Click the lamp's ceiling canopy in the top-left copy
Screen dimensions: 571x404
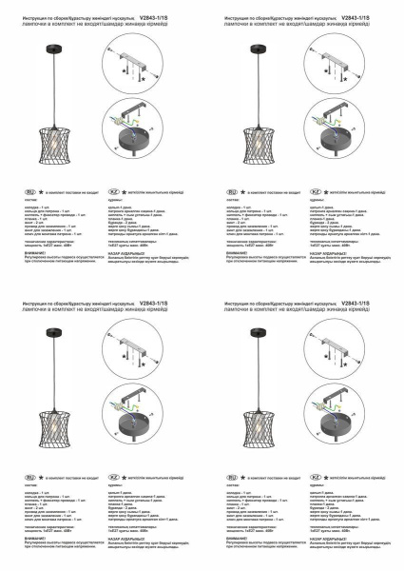pos(48,47)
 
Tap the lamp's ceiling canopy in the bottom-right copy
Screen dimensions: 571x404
pos(251,332)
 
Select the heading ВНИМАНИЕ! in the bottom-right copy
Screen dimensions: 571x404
pos(234,538)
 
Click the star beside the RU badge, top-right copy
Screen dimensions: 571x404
pos(240,189)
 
